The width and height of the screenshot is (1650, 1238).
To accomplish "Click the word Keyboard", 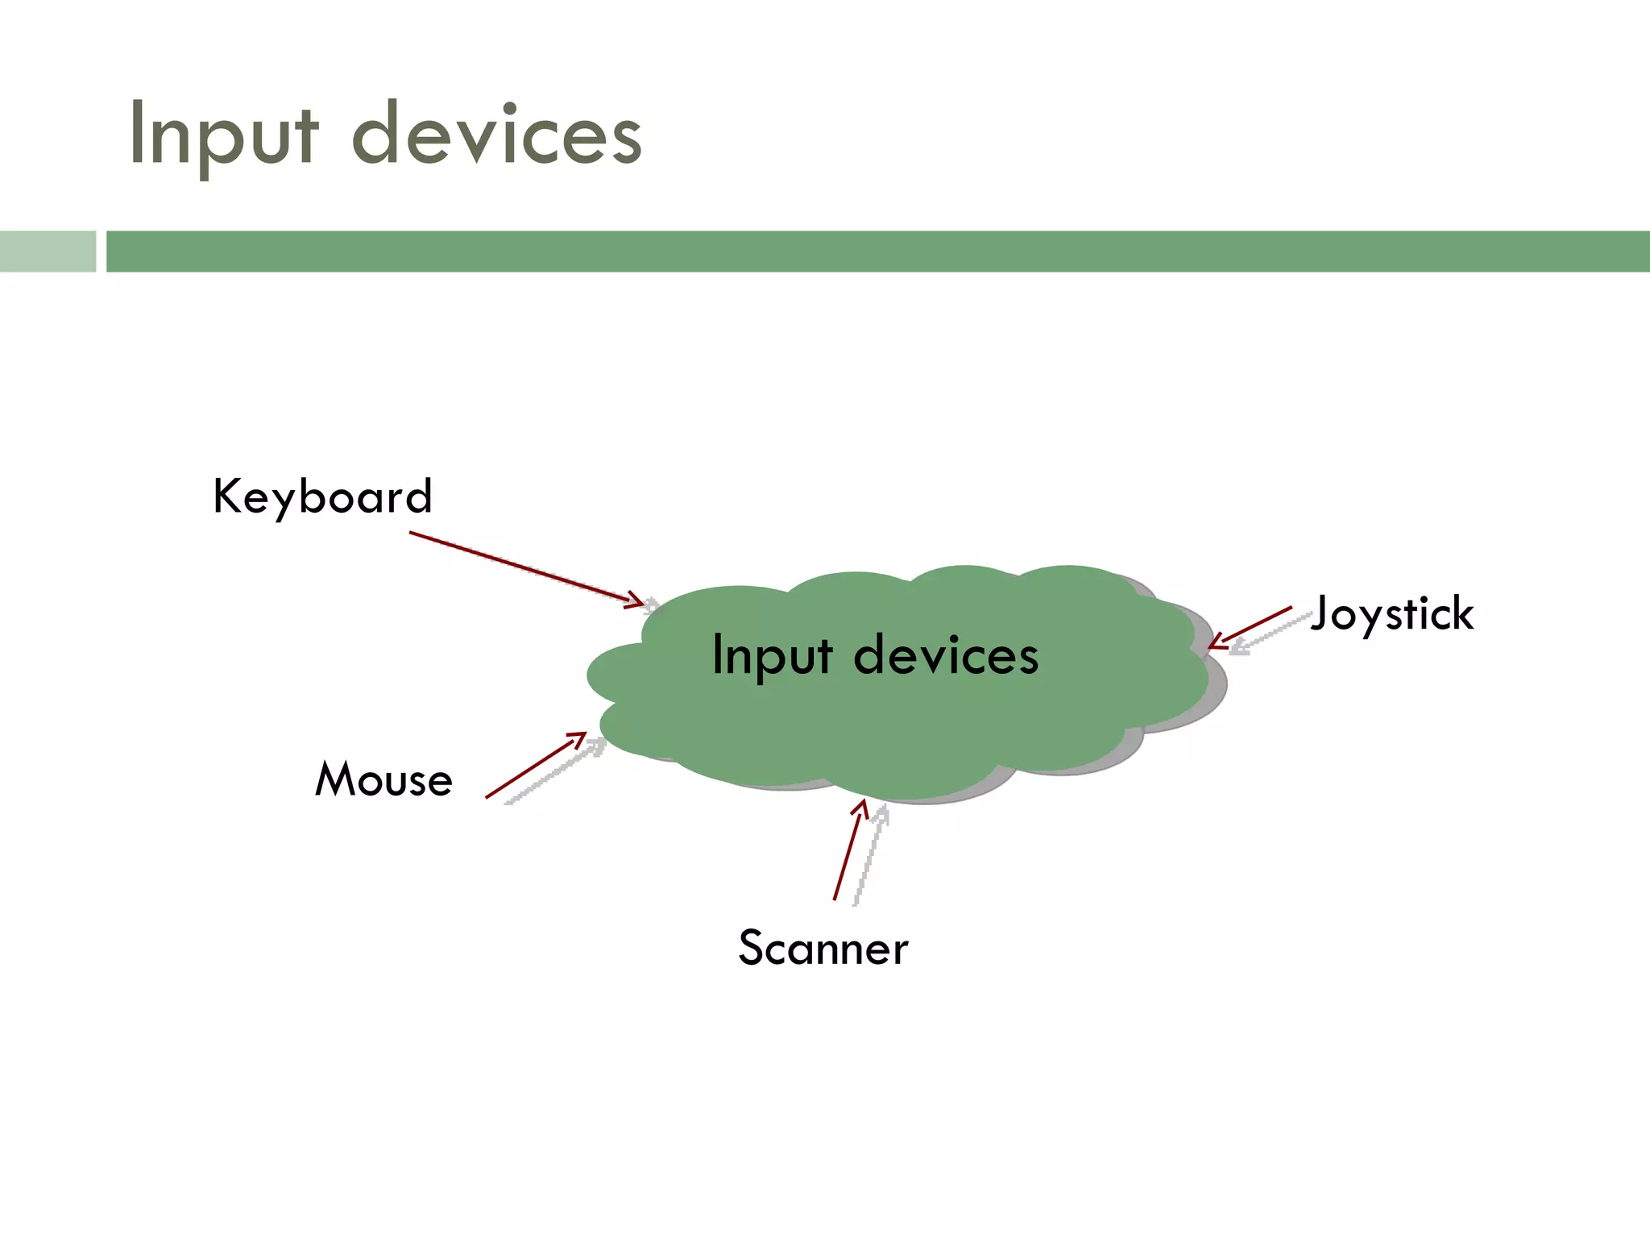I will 322,496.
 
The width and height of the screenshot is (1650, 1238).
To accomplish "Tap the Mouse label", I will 383,779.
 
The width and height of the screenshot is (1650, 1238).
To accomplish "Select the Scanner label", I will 823,948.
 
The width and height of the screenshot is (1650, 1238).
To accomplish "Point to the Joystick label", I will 1392,614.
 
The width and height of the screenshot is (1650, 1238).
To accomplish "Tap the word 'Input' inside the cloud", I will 772,655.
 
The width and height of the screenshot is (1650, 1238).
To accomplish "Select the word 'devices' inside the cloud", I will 946,655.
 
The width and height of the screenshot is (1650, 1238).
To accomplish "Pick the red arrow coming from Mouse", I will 532,767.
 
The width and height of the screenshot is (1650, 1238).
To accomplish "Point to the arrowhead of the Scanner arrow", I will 861,807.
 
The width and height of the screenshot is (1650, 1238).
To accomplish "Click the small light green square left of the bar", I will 48,251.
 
